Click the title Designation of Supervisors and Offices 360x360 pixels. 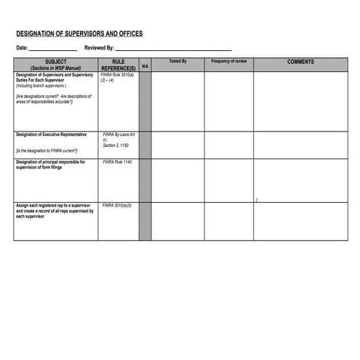(x=79, y=34)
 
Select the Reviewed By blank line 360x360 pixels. (x=173, y=49)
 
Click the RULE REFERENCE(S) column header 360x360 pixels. (x=118, y=64)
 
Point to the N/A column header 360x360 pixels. (x=145, y=66)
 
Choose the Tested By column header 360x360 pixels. (x=177, y=62)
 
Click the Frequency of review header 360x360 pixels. (x=228, y=62)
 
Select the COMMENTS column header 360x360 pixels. (x=300, y=62)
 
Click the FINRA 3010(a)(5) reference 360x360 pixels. (x=117, y=206)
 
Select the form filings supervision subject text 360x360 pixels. (x=50, y=164)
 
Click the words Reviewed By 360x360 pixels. (x=99, y=48)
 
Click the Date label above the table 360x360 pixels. (x=22, y=48)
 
